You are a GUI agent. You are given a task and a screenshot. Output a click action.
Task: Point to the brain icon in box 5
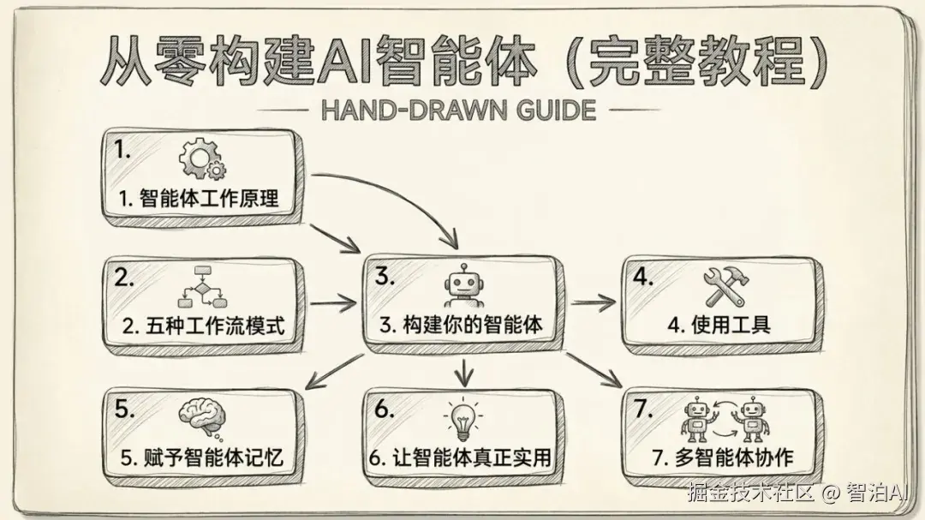pyautogui.click(x=202, y=417)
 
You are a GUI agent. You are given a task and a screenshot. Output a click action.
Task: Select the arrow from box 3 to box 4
pyautogui.click(x=594, y=302)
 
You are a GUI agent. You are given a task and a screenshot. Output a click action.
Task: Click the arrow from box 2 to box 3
pyautogui.click(x=332, y=302)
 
